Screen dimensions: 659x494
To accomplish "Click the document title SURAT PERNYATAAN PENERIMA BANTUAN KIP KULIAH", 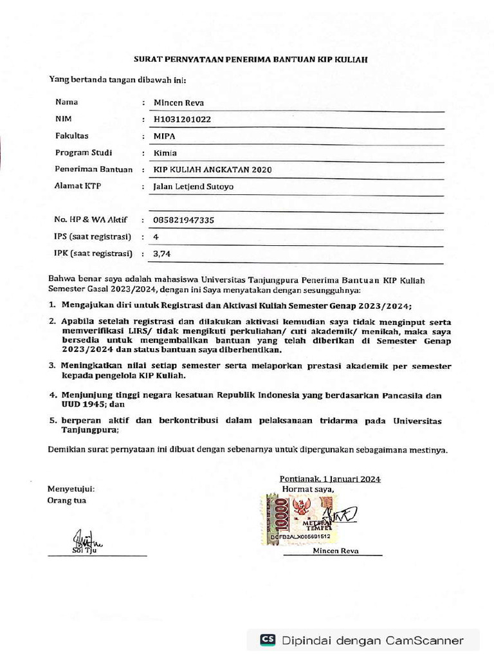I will pos(250,59).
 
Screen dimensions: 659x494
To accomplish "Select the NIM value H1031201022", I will pos(182,119).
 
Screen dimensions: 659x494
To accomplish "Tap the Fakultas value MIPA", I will pos(165,136).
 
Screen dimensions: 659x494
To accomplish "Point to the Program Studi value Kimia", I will pos(165,153).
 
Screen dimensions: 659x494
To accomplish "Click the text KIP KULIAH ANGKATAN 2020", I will pos(212,170).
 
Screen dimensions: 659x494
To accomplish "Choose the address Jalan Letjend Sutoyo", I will pos(194,187).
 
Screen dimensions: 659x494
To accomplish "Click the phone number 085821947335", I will pos(184,220).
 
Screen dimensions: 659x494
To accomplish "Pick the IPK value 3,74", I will pos(161,254).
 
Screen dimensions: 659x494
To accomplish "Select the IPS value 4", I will pos(156,237).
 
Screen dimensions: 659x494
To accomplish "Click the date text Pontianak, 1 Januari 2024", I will pos(330,479).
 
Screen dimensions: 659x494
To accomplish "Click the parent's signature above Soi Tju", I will pos(82,538).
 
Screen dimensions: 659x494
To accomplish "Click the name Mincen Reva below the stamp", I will pos(336,551).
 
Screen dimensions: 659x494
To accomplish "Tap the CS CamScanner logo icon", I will pos(268,640).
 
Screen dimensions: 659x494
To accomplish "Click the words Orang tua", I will pos(67,500).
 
